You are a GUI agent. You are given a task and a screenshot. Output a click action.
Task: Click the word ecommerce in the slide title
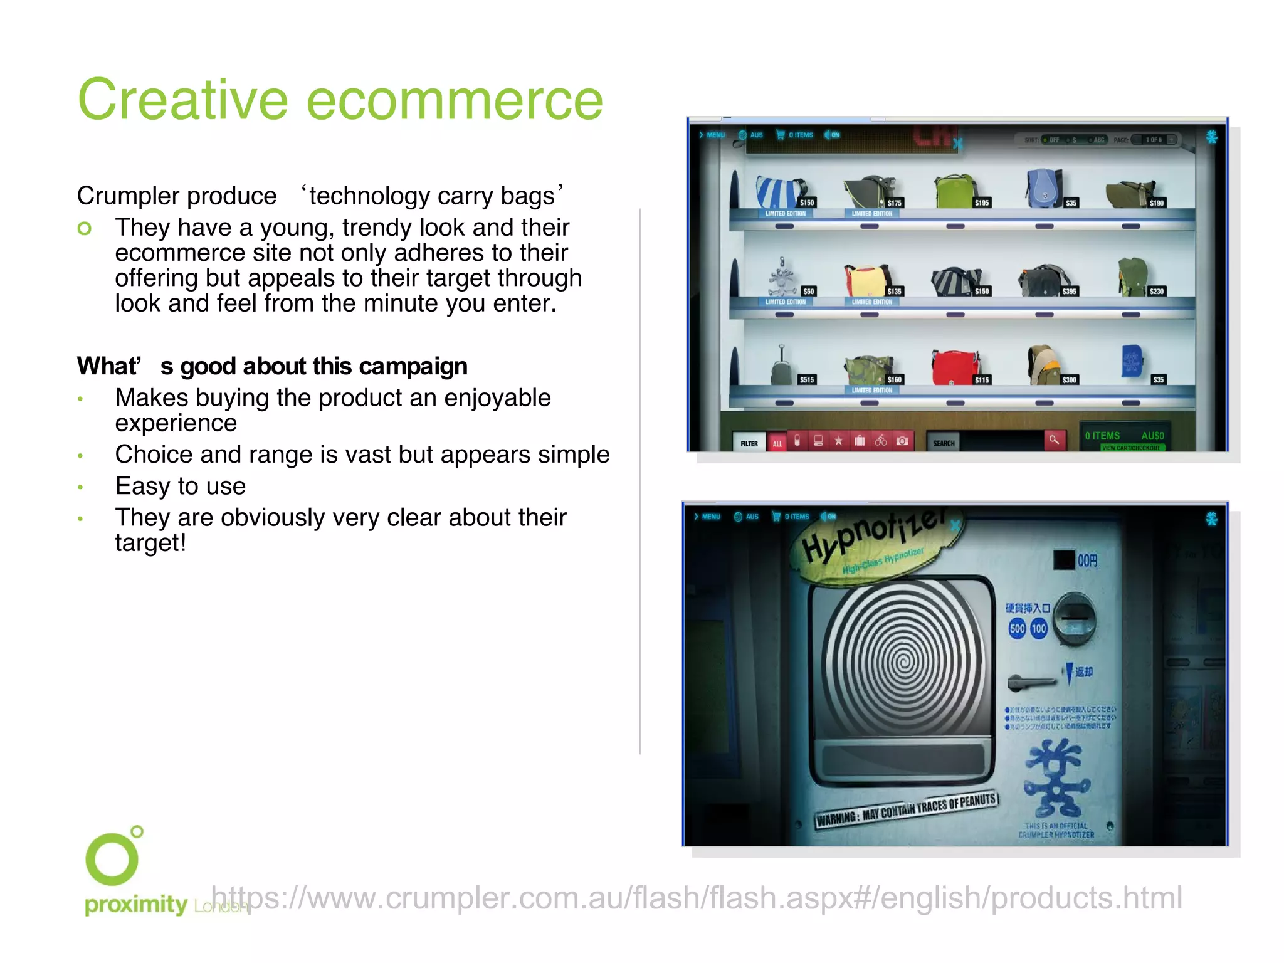(x=455, y=100)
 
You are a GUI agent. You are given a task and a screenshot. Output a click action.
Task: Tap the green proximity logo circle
(x=112, y=858)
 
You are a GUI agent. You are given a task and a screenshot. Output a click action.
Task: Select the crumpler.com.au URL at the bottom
(x=696, y=898)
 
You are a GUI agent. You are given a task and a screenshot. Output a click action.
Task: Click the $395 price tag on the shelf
(x=1069, y=291)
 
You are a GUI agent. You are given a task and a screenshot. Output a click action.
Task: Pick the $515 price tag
(x=806, y=379)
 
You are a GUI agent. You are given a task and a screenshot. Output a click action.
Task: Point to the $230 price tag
(x=1157, y=291)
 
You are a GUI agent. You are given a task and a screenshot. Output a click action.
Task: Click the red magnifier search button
(x=1054, y=440)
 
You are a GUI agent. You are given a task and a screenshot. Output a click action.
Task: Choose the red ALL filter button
(x=777, y=443)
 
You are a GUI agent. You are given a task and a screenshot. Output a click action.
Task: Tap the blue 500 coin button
(x=1017, y=628)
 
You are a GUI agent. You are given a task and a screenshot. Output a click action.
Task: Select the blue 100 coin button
(x=1039, y=628)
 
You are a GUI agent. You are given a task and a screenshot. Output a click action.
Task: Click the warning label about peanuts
(x=907, y=811)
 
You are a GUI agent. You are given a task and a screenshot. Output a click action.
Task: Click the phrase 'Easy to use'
(x=181, y=487)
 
